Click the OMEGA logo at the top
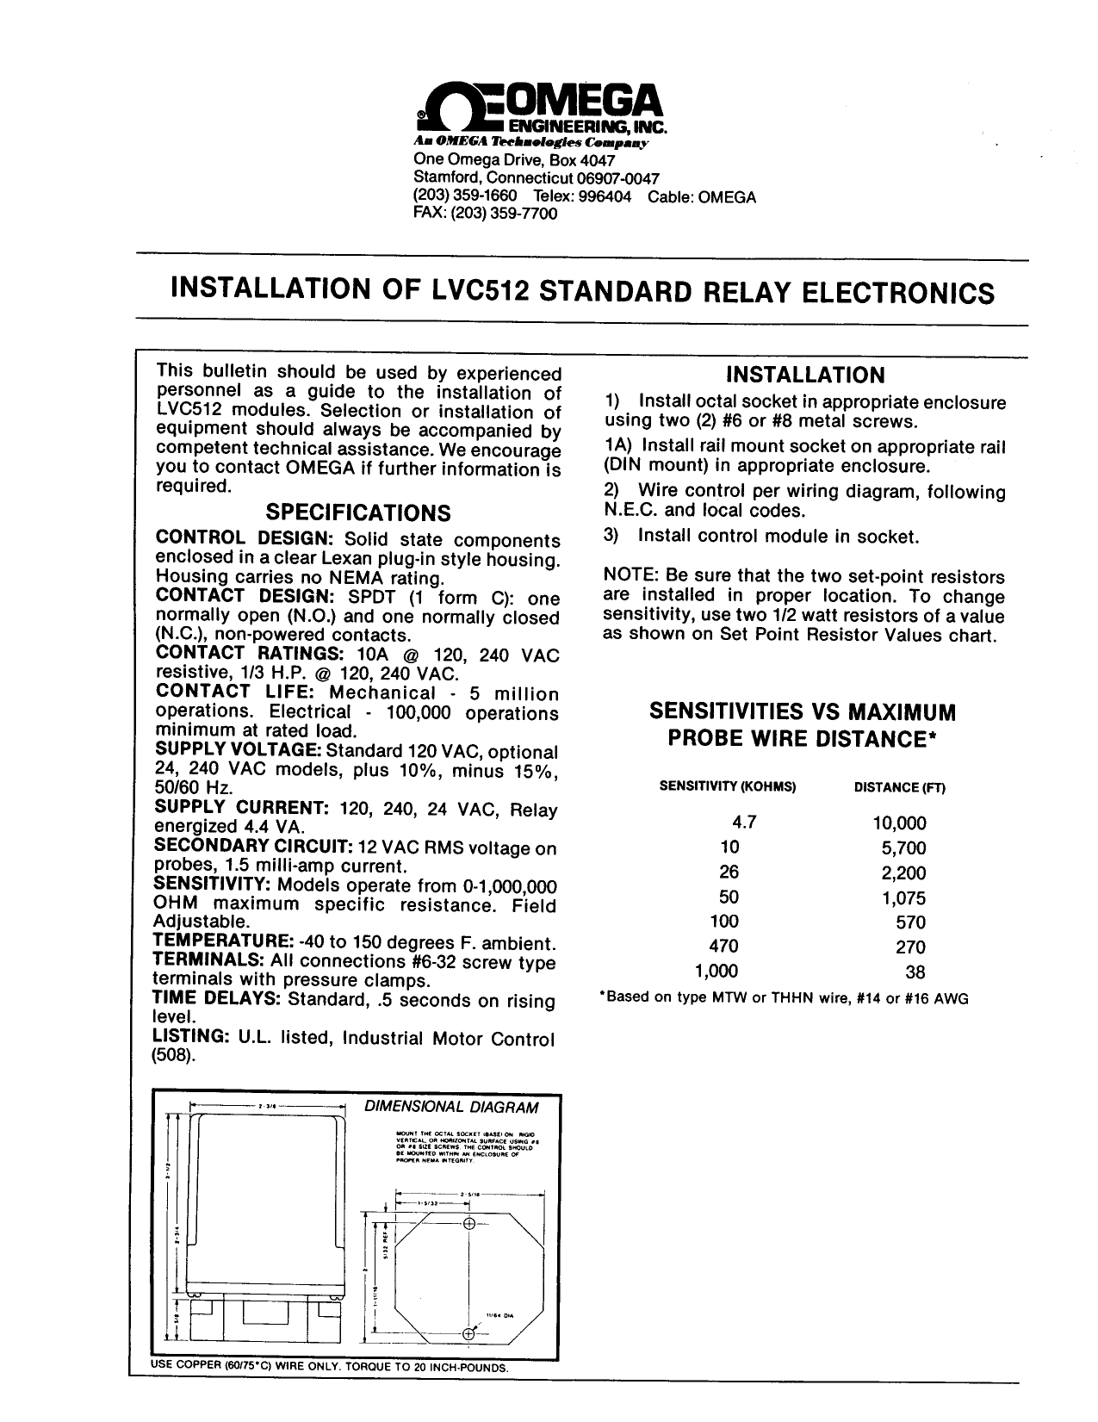(541, 109)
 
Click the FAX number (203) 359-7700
(486, 214)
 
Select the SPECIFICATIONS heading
(357, 513)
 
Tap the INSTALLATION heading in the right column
(805, 375)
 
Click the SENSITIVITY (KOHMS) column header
(728, 787)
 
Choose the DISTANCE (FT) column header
(899, 787)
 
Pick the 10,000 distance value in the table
(899, 823)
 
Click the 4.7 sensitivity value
(743, 823)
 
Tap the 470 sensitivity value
(723, 947)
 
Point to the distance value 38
(915, 972)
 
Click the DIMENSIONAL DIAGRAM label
(452, 1107)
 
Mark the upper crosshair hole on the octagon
(469, 1225)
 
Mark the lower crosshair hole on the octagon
(469, 1334)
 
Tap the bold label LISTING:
(190, 1038)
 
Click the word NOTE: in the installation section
(627, 577)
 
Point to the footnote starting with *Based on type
(784, 999)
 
